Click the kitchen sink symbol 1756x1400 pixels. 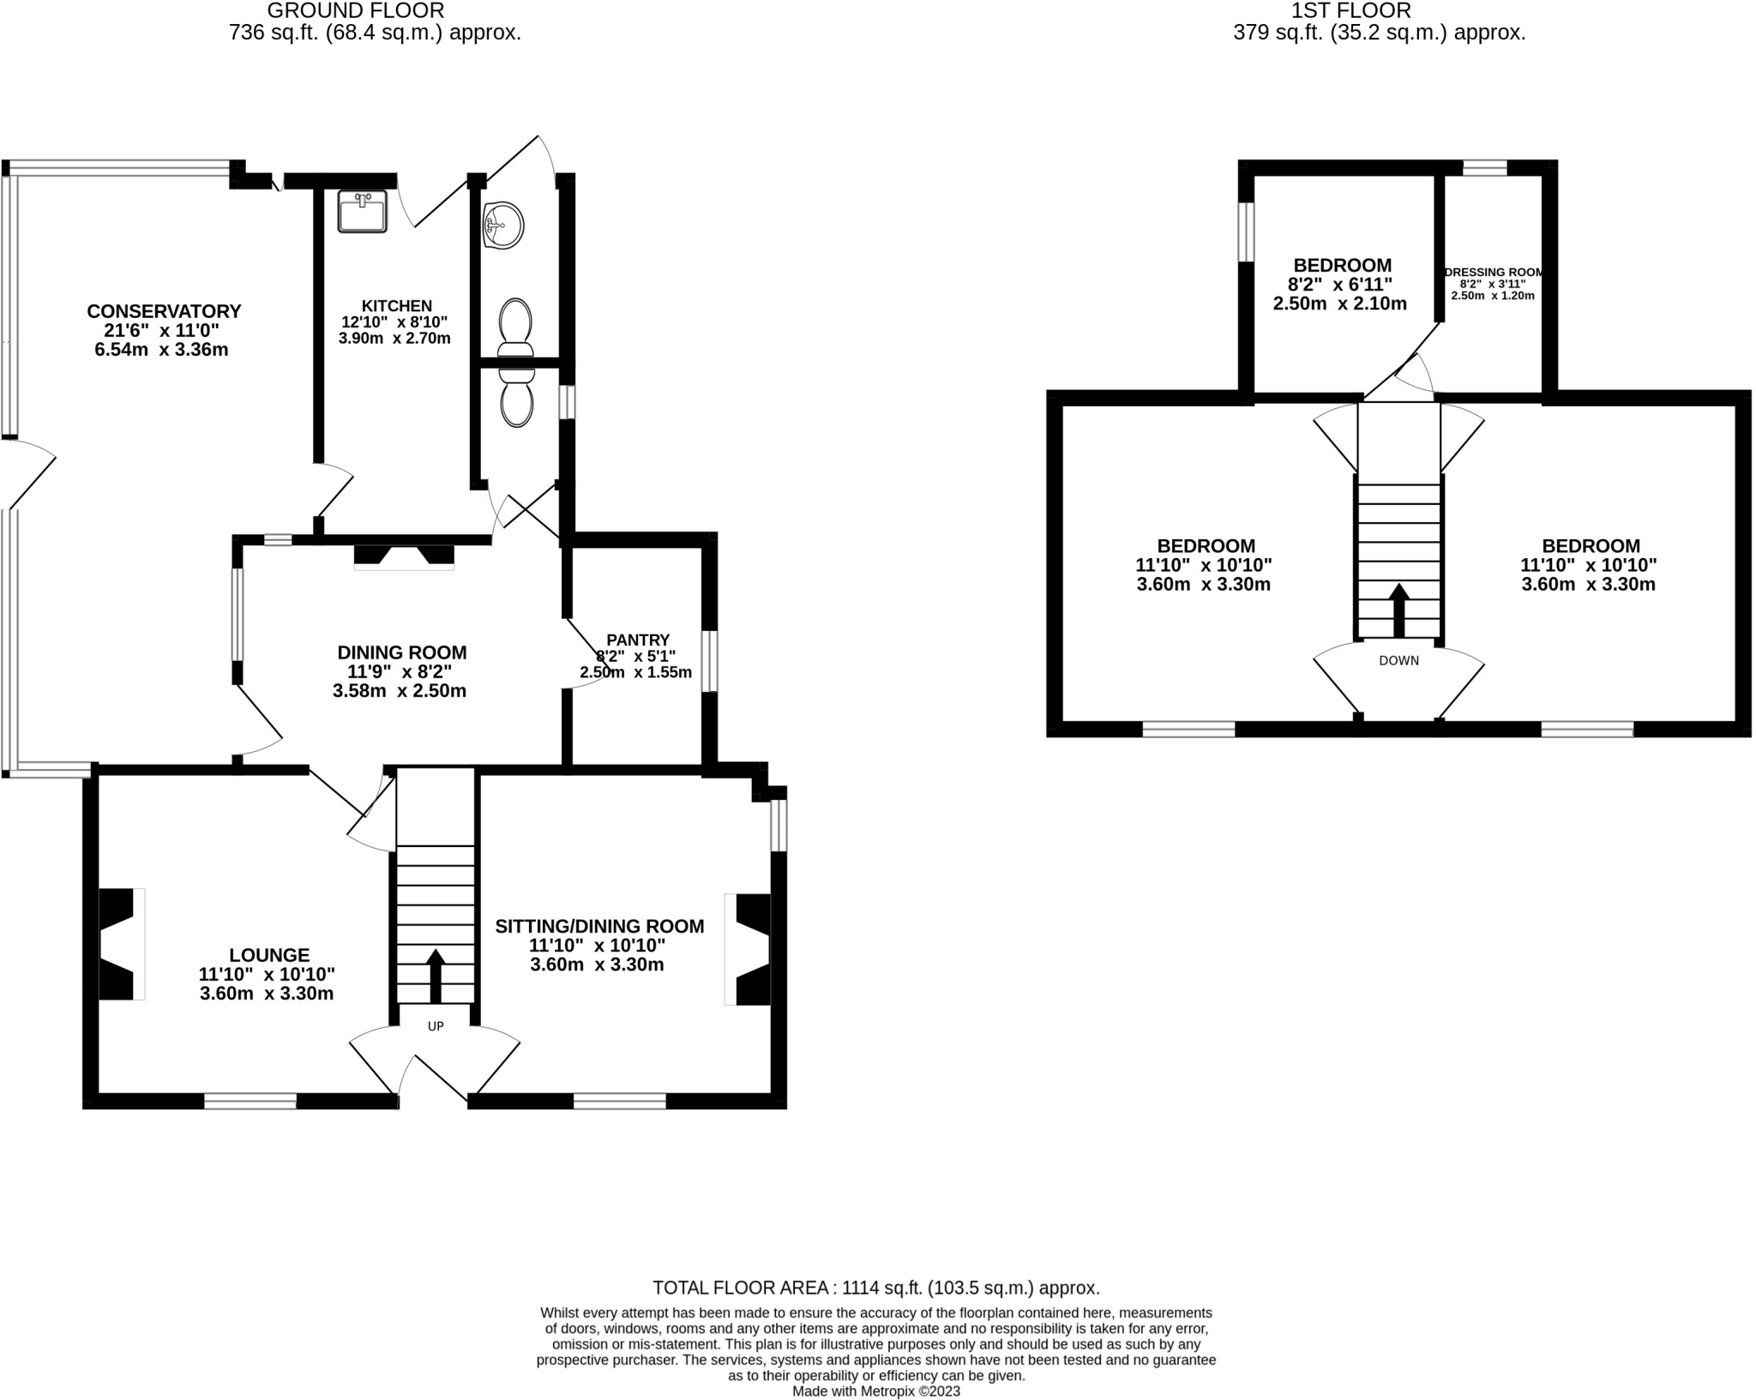tap(363, 211)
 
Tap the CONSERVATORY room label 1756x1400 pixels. tap(164, 311)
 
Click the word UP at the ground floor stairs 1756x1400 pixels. tap(436, 1026)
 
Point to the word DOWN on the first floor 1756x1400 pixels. tap(1398, 661)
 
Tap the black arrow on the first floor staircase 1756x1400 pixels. tap(1398, 610)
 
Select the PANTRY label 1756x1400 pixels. tap(637, 640)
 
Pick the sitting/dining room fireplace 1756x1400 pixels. tap(750, 949)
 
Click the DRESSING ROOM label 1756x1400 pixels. tap(1493, 273)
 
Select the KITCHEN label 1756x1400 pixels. tap(396, 306)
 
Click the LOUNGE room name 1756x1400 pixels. tap(269, 955)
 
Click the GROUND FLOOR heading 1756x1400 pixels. tap(356, 11)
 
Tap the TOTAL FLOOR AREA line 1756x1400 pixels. tap(875, 1288)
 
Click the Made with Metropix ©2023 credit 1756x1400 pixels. tap(875, 1391)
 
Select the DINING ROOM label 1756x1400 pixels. tap(401, 652)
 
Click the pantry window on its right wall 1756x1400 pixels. tap(709, 661)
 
